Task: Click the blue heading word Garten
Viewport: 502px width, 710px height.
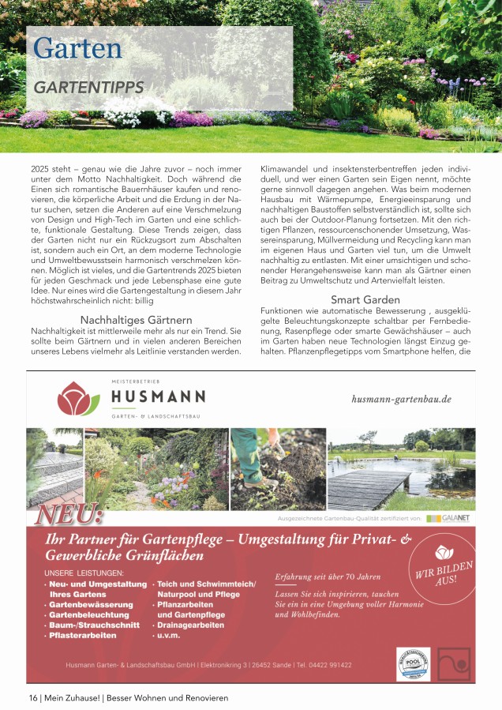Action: click(x=78, y=49)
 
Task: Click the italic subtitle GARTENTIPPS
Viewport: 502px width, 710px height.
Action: click(x=88, y=87)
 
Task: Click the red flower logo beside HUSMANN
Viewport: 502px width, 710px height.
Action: click(x=79, y=399)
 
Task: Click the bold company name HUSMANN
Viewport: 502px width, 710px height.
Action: click(x=157, y=396)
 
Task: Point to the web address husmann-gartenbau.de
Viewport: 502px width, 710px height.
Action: click(x=401, y=399)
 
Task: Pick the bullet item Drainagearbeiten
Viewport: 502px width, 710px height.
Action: click(x=191, y=625)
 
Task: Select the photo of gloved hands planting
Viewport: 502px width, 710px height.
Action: click(x=279, y=469)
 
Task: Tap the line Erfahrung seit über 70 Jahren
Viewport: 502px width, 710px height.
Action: click(x=328, y=577)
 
